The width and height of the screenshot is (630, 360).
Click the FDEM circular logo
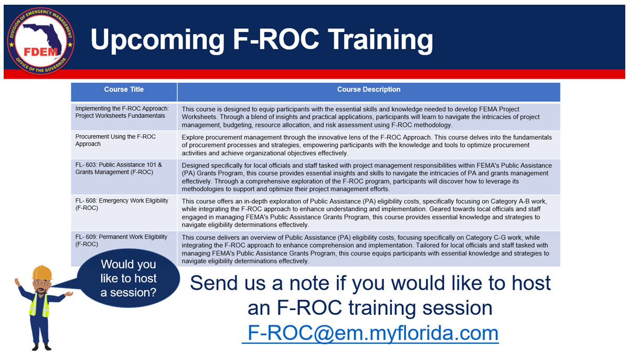click(41, 41)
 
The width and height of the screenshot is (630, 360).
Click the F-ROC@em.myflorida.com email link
click(370, 333)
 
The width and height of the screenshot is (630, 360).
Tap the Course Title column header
click(124, 92)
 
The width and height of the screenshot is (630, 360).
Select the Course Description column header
click(369, 92)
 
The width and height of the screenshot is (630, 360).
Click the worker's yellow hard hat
click(42, 272)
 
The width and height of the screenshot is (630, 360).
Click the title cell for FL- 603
click(124, 177)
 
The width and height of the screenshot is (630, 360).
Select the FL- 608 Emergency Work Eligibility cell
click(124, 213)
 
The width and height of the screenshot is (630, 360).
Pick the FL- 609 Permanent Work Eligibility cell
click(124, 241)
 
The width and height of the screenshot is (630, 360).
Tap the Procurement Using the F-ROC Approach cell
click(124, 145)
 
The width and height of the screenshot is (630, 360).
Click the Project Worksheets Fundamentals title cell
click(124, 117)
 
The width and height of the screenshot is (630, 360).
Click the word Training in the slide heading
click(380, 39)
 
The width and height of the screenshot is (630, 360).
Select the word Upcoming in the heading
click(157, 40)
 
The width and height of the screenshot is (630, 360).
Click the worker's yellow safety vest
click(39, 305)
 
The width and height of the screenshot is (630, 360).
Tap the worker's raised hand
click(17, 282)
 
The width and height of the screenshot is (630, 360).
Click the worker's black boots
click(41, 347)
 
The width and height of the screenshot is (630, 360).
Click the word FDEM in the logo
click(41, 52)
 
